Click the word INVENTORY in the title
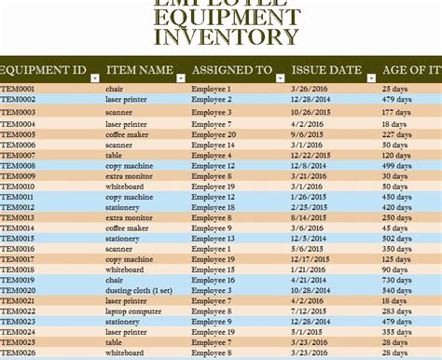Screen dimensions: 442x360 [x=227, y=37]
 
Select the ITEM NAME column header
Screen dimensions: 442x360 [x=140, y=69]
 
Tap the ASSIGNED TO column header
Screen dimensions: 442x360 [x=232, y=69]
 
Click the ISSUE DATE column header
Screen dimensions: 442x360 [x=326, y=69]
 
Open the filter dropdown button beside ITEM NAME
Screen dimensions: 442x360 [x=181, y=78]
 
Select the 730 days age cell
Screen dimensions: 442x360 [x=395, y=280]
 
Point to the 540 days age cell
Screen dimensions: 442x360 [x=395, y=290]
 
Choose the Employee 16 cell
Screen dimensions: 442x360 [x=213, y=280]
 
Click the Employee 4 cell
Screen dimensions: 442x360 [x=211, y=155]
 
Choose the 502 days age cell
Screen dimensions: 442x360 [x=395, y=239]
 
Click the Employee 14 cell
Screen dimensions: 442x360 [x=213, y=145]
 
